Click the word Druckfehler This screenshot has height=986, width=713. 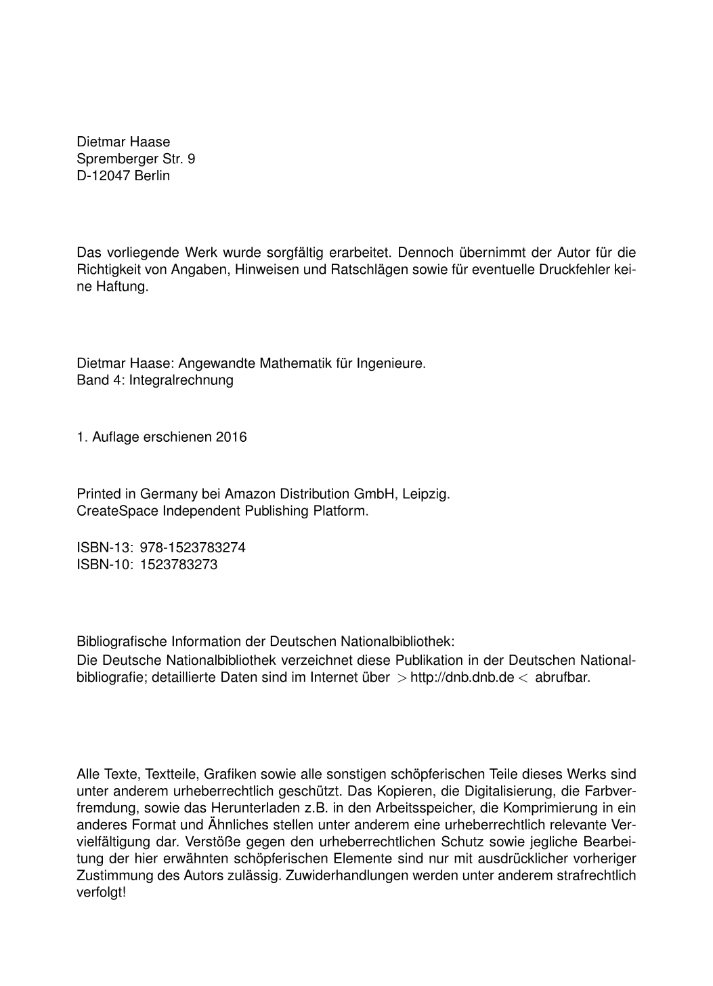click(573, 270)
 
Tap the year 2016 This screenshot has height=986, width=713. click(232, 437)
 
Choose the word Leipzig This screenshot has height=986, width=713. click(425, 494)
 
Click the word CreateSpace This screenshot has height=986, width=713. click(118, 511)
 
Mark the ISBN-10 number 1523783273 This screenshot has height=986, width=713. click(179, 564)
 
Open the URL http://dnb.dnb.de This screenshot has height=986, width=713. click(462, 678)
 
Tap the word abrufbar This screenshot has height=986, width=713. click(562, 678)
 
